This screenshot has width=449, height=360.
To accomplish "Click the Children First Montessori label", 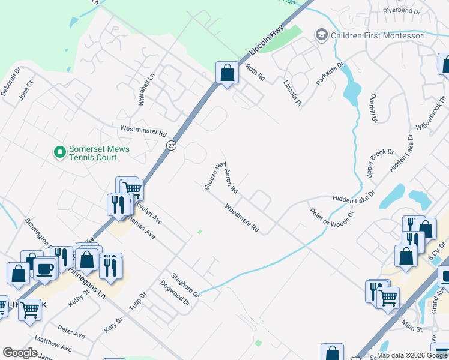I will click(x=382, y=35).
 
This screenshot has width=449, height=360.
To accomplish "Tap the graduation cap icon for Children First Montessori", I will click(x=322, y=35).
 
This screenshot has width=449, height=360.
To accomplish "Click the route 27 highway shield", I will click(x=172, y=146).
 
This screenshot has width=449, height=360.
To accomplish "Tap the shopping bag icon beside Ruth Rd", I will click(x=227, y=74).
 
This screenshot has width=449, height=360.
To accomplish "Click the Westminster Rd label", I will click(x=143, y=130).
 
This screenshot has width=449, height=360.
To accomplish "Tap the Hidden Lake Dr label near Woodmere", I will click(x=353, y=196).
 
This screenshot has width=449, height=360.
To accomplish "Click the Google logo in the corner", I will click(x=20, y=353).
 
